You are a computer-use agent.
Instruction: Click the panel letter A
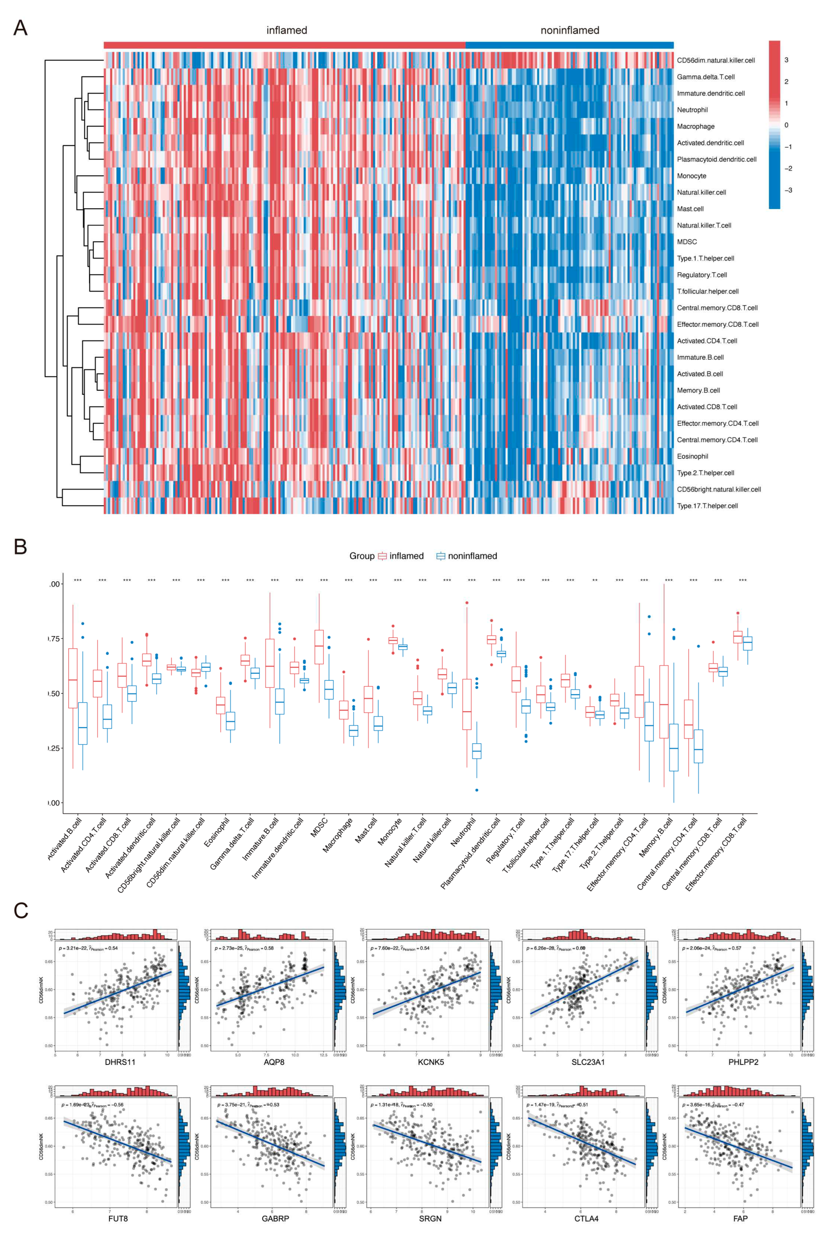pyautogui.click(x=20, y=28)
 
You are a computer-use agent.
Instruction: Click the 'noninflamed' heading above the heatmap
pyautogui.click(x=570, y=30)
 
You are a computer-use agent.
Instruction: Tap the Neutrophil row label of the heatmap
pyautogui.click(x=692, y=110)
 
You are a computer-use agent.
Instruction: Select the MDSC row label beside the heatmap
pyautogui.click(x=687, y=242)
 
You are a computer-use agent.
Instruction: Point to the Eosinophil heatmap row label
pyautogui.click(x=692, y=456)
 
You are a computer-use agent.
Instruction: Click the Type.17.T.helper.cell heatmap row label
pyautogui.click(x=707, y=505)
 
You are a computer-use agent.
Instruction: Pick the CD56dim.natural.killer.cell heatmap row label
pyautogui.click(x=715, y=60)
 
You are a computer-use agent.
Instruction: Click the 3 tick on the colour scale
pyautogui.click(x=786, y=60)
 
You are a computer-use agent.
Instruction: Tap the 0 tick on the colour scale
pyautogui.click(x=786, y=125)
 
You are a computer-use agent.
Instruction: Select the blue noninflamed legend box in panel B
pyautogui.click(x=441, y=556)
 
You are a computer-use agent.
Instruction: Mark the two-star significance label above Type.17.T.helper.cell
pyautogui.click(x=595, y=580)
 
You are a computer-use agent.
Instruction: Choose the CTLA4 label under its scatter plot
pyautogui.click(x=586, y=1219)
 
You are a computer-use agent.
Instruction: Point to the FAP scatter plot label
pyautogui.click(x=740, y=1219)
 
